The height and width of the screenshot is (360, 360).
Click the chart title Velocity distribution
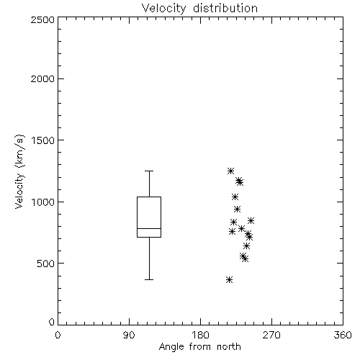[199, 8]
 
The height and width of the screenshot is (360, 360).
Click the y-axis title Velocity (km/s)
[19, 171]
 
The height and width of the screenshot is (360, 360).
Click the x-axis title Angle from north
[199, 347]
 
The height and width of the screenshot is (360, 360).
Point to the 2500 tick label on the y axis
[42, 19]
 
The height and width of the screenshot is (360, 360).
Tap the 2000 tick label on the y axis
[42, 78]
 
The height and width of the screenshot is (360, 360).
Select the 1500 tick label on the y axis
[43, 140]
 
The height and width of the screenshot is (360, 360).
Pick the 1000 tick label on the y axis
[43, 202]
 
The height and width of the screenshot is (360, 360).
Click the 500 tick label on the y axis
[46, 264]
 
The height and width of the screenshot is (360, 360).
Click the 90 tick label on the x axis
[129, 335]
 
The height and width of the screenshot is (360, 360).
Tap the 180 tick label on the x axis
[200, 335]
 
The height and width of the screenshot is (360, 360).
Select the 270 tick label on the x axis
[271, 335]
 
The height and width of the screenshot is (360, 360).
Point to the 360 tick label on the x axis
[343, 335]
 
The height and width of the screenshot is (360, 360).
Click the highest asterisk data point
[230, 171]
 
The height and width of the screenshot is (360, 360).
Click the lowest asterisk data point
[229, 279]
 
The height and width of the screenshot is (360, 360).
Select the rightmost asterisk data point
[251, 220]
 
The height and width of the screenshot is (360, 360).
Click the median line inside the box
[149, 228]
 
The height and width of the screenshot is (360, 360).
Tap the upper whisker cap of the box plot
[149, 171]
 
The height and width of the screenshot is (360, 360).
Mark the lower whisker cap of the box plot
[149, 279]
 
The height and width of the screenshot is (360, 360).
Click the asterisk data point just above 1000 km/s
[235, 197]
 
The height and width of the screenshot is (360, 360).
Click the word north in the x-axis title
[229, 347]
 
